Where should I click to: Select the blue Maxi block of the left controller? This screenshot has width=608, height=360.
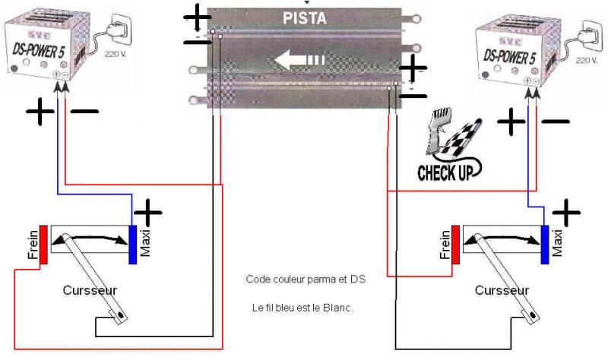coord(133,245)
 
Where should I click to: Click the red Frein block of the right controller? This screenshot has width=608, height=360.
coord(455,243)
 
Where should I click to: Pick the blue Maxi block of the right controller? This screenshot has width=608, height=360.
coord(545,245)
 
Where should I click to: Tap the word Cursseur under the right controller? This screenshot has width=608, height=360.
coord(502,291)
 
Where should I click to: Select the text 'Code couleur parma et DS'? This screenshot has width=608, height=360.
coord(306,279)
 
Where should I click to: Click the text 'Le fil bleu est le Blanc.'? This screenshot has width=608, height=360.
coord(306,308)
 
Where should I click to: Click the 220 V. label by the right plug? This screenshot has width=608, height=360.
coord(586,58)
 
